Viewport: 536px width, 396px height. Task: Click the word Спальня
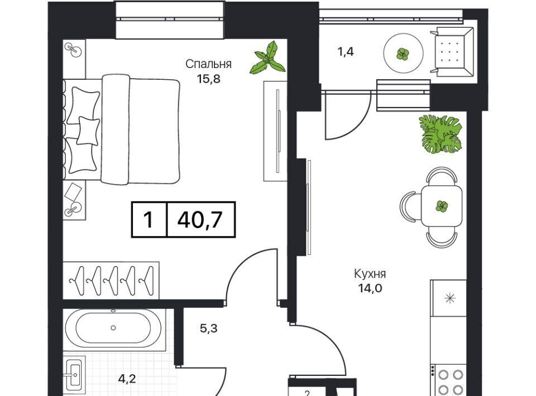[x=208, y=64]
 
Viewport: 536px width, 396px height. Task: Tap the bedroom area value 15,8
[x=208, y=79]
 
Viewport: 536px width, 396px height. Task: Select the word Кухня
[x=370, y=274]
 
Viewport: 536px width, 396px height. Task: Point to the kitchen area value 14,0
[x=370, y=288]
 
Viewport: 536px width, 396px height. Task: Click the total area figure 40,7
[x=200, y=220]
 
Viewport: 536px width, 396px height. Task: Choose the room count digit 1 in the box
[x=148, y=220]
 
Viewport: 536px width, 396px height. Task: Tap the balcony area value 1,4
[x=345, y=51]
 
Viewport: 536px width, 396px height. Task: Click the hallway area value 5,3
[x=208, y=329]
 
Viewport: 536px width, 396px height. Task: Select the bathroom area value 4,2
[x=127, y=378]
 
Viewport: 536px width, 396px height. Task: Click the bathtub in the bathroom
[x=113, y=328]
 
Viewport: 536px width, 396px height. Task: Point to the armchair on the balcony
[x=452, y=52]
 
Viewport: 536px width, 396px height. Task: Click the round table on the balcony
[x=403, y=53]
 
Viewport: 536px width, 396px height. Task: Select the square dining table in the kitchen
[x=442, y=206]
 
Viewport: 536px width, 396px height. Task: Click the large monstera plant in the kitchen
[x=441, y=134]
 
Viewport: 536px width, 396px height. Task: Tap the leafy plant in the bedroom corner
[x=268, y=58]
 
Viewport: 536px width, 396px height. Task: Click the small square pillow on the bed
[x=88, y=130]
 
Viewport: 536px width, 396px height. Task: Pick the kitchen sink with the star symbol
[x=449, y=298]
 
